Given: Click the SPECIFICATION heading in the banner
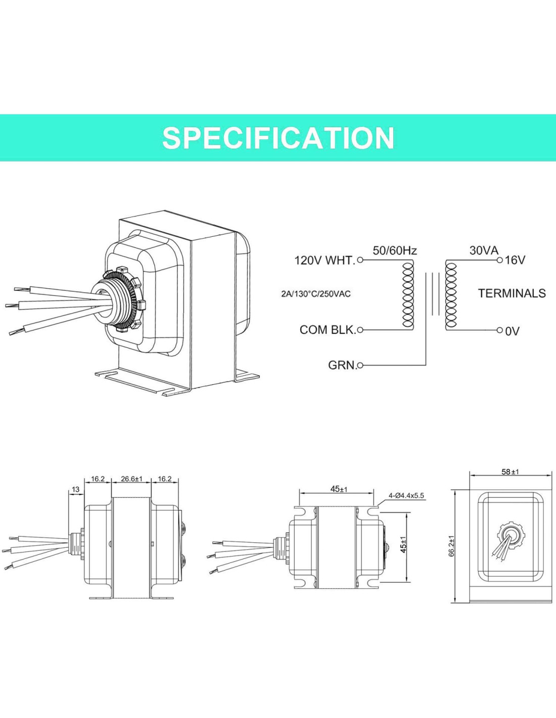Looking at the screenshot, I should pos(278,138).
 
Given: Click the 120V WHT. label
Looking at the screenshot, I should pos(325,261).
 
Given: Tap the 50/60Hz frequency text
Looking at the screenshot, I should pos(395,250).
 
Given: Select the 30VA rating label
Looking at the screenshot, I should pos(484,250).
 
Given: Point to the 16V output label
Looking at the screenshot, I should pos(515,260).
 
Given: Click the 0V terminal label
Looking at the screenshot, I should pos(512,331).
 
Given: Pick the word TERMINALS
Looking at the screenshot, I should pos(512,293).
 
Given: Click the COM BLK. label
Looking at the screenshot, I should pos(328,330).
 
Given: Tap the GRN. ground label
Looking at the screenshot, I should pos(342,365).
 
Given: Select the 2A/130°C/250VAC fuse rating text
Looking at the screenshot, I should pos(316,294).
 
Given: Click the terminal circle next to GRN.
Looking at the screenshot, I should pos(360,365).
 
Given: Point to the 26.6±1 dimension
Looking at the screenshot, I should pos(131,479).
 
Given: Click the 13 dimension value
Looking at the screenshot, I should pos(75,489).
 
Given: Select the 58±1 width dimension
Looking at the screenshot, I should pos(510,472).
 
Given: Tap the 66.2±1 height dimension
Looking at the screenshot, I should pos(451,546).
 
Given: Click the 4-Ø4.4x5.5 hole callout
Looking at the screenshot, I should pos(406,496).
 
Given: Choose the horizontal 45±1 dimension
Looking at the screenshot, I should pos(339,489).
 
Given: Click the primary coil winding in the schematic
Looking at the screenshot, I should pos(408,295).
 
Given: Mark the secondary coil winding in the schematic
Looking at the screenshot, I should pos(450,295).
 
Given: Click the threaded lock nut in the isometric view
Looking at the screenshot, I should pos(123,301).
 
